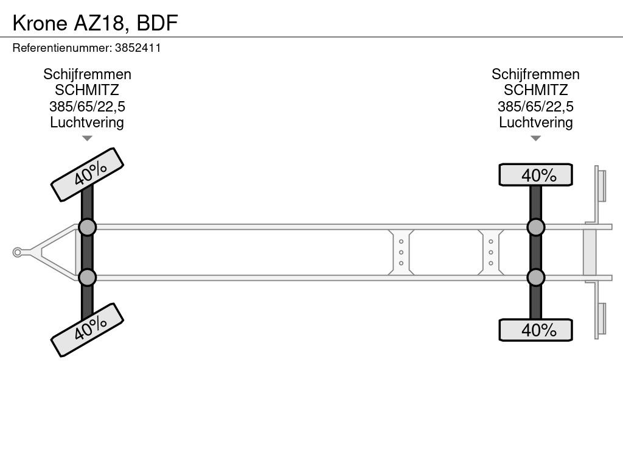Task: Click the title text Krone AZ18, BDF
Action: click(x=95, y=23)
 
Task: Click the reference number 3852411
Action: click(x=138, y=48)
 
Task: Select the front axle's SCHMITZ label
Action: click(x=87, y=90)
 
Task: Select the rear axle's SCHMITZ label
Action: click(x=535, y=90)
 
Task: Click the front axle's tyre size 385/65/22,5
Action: click(x=87, y=107)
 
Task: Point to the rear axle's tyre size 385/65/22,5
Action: click(x=535, y=107)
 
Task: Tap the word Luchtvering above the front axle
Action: click(x=87, y=122)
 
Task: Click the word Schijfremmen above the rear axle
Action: click(x=535, y=74)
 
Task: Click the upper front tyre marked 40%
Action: click(x=88, y=175)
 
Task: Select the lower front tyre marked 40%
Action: click(x=88, y=330)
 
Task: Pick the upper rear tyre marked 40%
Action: click(x=535, y=175)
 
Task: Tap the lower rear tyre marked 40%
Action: click(x=535, y=330)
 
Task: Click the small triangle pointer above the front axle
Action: click(x=87, y=138)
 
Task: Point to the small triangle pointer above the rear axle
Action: click(x=535, y=138)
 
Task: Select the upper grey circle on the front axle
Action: click(x=88, y=228)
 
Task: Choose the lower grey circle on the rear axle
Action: click(x=535, y=277)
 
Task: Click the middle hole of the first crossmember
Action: click(x=402, y=252)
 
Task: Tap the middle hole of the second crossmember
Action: click(x=491, y=252)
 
